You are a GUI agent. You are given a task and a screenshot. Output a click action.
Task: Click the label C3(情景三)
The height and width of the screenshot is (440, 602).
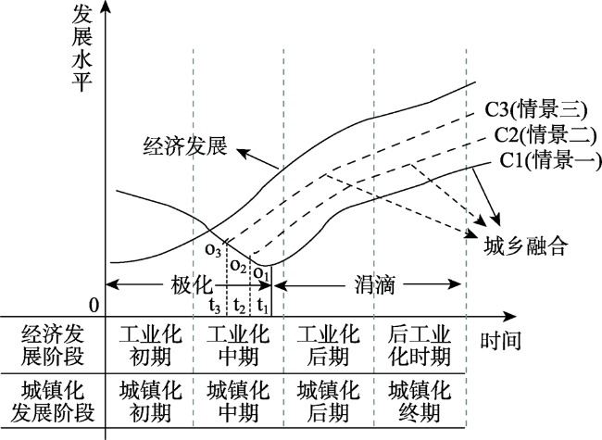coord(536,110)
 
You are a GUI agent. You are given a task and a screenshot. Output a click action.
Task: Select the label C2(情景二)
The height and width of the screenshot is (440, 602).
coord(546,134)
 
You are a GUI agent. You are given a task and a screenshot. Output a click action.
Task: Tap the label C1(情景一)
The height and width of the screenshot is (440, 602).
coord(550,159)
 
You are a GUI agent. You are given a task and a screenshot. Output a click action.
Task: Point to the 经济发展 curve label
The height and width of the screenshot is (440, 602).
coord(185,146)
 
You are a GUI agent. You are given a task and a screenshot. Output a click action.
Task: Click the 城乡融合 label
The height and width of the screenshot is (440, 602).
coord(525,246)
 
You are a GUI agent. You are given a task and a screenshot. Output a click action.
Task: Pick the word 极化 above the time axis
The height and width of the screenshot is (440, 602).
coord(191,285)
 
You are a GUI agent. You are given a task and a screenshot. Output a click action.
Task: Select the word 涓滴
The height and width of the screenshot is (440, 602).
coord(374,285)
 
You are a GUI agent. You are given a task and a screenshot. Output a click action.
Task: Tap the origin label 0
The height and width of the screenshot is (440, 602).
coord(94,306)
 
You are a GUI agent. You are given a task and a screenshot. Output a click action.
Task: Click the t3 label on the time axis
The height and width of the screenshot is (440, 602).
coord(215,307)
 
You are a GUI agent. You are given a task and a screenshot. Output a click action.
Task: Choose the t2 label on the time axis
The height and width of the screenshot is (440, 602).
coord(239,307)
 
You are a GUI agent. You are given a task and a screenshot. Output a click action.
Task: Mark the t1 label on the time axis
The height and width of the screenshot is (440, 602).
coord(263,307)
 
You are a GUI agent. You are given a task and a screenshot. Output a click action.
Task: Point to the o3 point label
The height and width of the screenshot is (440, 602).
coord(213,250)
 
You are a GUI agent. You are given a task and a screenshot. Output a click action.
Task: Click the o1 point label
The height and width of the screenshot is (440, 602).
coord(261,273)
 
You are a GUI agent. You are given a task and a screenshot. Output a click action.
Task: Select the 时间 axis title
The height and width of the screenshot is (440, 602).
coord(501,340)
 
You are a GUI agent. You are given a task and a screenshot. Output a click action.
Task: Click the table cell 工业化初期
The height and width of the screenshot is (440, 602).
coord(150,346)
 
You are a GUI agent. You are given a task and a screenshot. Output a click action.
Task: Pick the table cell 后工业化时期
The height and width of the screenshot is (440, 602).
coord(419,346)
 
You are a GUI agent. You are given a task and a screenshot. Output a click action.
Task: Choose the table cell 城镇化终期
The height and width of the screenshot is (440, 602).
coord(419,402)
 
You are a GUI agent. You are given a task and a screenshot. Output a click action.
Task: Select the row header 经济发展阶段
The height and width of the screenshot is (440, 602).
coord(52,346)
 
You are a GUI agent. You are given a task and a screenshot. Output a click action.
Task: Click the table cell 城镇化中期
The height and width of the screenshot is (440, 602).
coord(238,402)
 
